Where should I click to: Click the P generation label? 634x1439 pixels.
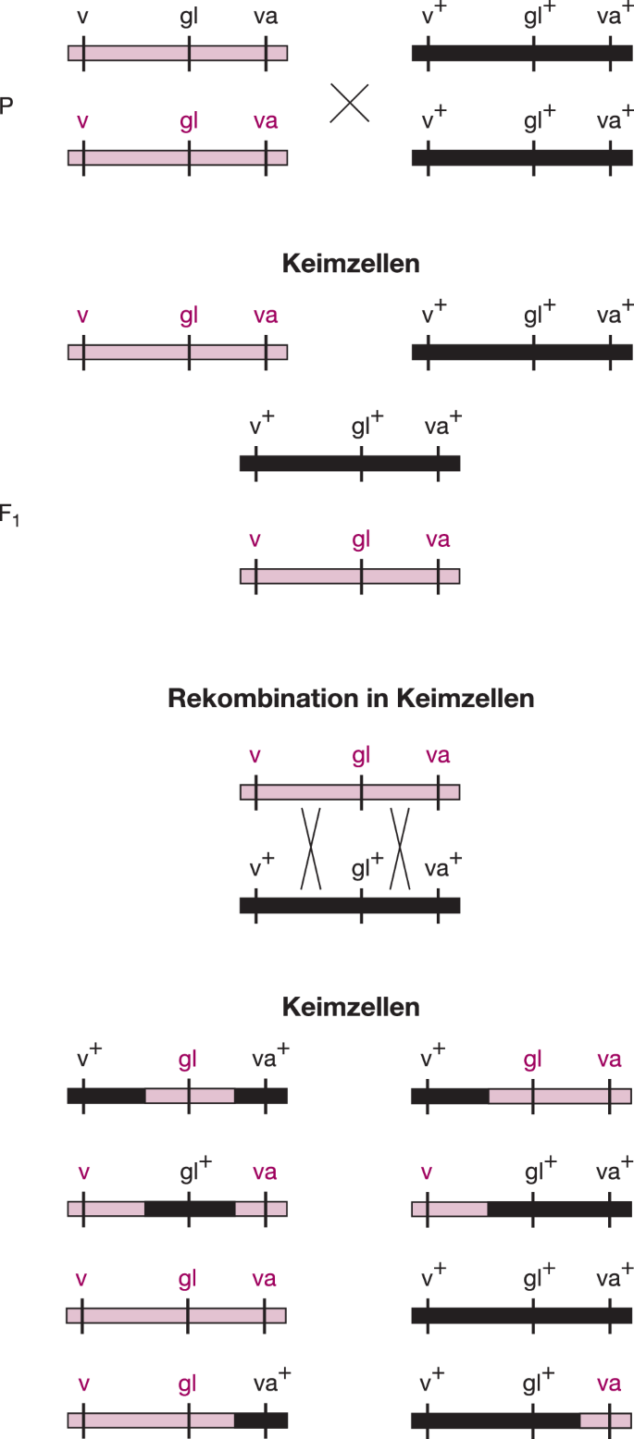(6, 105)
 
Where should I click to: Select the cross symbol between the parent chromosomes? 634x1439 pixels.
(350, 103)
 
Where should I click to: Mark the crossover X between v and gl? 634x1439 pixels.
(310, 848)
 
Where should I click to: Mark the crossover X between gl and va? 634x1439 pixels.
(399, 848)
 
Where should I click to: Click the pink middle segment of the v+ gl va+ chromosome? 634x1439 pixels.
(190, 1096)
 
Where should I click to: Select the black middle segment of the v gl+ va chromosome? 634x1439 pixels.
(190, 1209)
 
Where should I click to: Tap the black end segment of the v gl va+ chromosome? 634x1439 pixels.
(261, 1420)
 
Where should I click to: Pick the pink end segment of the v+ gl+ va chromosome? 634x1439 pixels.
(605, 1420)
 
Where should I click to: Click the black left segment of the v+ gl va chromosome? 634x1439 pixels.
(450, 1096)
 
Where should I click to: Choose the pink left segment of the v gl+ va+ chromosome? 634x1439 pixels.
(450, 1209)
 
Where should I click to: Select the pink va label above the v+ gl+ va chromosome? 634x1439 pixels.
(609, 1383)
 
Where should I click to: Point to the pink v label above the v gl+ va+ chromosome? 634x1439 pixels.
(427, 1172)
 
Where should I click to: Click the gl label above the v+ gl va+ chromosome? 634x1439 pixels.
(189, 1061)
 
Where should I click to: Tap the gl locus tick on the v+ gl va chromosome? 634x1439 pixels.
(533, 1096)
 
